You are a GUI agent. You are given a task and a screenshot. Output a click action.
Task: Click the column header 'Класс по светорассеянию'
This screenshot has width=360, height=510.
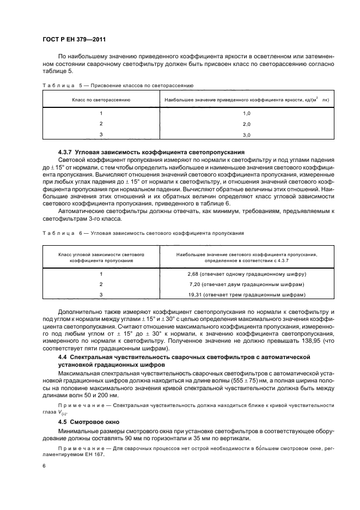pyautogui.click(x=101, y=100)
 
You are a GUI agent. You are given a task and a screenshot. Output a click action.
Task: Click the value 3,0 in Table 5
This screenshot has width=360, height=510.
pyautogui.click(x=246, y=135)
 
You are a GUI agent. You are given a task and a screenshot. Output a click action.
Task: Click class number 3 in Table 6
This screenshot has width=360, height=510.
pyautogui.click(x=101, y=295)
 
